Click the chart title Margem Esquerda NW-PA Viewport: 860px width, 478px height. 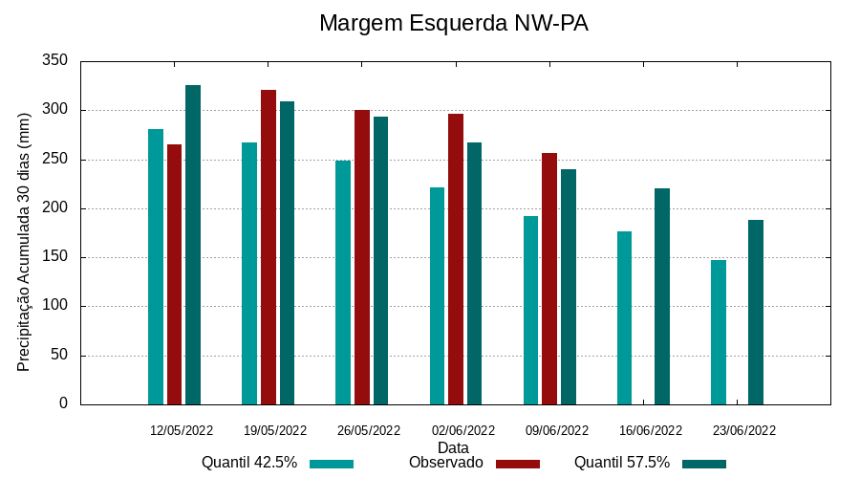point(453,23)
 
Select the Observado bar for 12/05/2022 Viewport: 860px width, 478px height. point(174,274)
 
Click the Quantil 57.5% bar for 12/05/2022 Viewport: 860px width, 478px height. point(193,245)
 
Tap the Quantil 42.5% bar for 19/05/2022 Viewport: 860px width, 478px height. point(249,273)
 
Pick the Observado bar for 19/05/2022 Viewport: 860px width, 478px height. point(269,247)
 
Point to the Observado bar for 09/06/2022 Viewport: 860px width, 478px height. point(549,278)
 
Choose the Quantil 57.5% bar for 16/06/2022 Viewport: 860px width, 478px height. point(662,296)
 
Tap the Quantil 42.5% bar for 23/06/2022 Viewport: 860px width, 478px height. point(719,332)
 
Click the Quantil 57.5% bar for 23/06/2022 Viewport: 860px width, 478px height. point(756,312)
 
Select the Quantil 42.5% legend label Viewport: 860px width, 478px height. point(249,463)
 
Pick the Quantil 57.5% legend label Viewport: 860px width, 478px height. point(622,463)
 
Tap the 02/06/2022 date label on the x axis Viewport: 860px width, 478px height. point(463,430)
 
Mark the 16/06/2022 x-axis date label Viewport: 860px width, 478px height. point(651,430)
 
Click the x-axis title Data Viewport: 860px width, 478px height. point(453,446)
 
